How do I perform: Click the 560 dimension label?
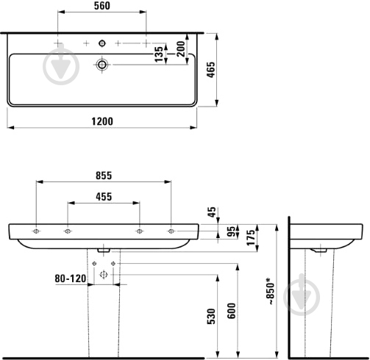[x=102, y=6]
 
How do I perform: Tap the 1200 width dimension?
[x=102, y=121]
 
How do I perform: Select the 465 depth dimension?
[x=211, y=70]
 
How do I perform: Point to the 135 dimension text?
[x=159, y=54]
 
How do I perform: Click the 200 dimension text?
[x=181, y=49]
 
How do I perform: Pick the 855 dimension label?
[x=104, y=176]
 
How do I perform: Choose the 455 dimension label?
[x=104, y=197]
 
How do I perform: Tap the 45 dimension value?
[x=212, y=212]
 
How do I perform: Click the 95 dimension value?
[x=231, y=231]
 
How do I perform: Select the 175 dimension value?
[x=251, y=237]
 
